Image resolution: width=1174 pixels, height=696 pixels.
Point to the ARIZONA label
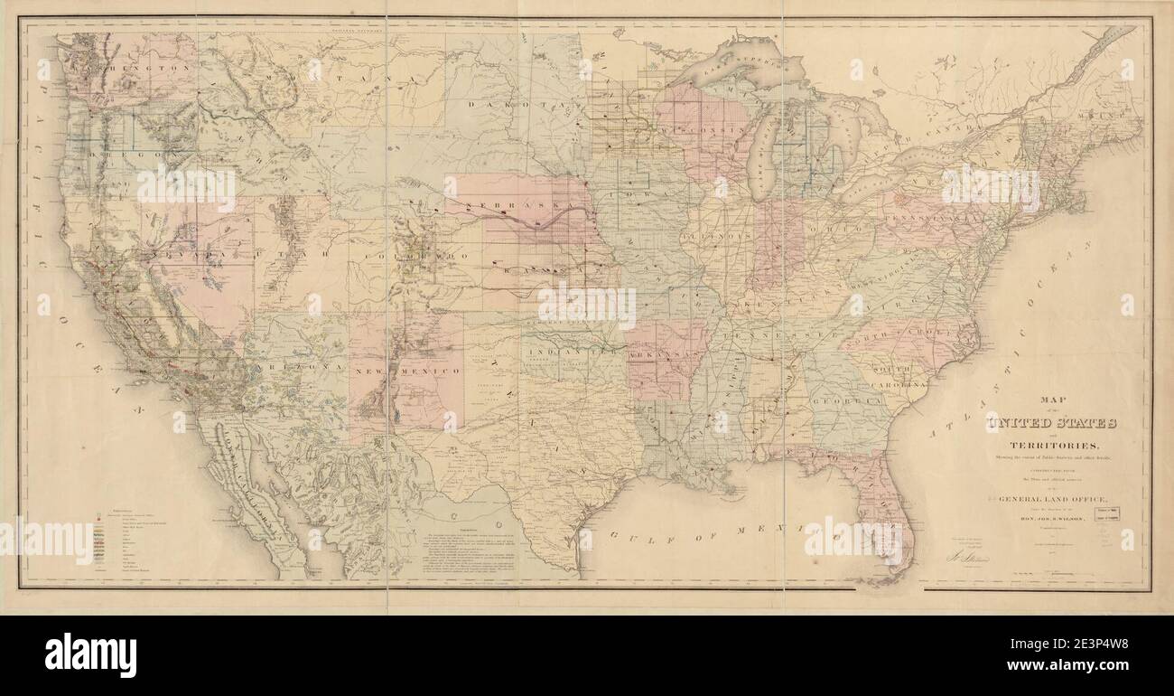(x=303, y=369)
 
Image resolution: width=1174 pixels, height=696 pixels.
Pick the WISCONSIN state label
(x=713, y=131)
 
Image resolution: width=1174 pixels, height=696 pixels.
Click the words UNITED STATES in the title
(x=1052, y=424)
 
